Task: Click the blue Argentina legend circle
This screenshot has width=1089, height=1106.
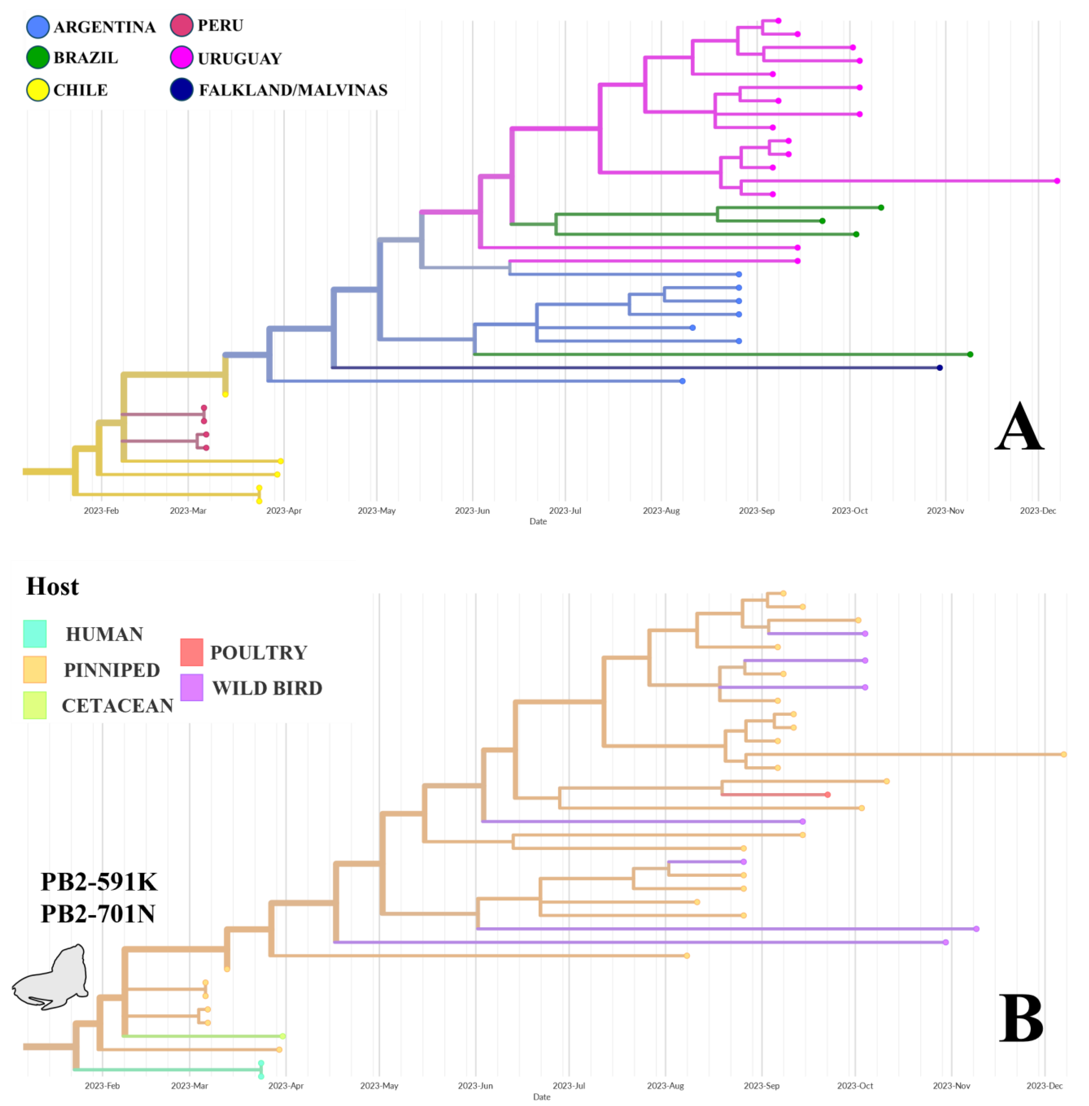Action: (x=38, y=27)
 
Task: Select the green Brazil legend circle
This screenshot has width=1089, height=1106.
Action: (x=38, y=58)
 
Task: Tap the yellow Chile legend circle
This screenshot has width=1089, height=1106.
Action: (x=38, y=90)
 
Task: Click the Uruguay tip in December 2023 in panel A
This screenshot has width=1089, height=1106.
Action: (x=1057, y=181)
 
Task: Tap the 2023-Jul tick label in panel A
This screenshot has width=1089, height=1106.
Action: (x=565, y=510)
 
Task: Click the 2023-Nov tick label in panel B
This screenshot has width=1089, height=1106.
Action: (x=951, y=1085)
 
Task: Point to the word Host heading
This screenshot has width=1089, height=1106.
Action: (x=53, y=586)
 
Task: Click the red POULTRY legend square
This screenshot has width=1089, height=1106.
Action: (x=192, y=652)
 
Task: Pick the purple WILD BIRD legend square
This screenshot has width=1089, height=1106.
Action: (x=192, y=687)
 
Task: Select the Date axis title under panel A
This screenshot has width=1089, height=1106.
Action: (x=538, y=521)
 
